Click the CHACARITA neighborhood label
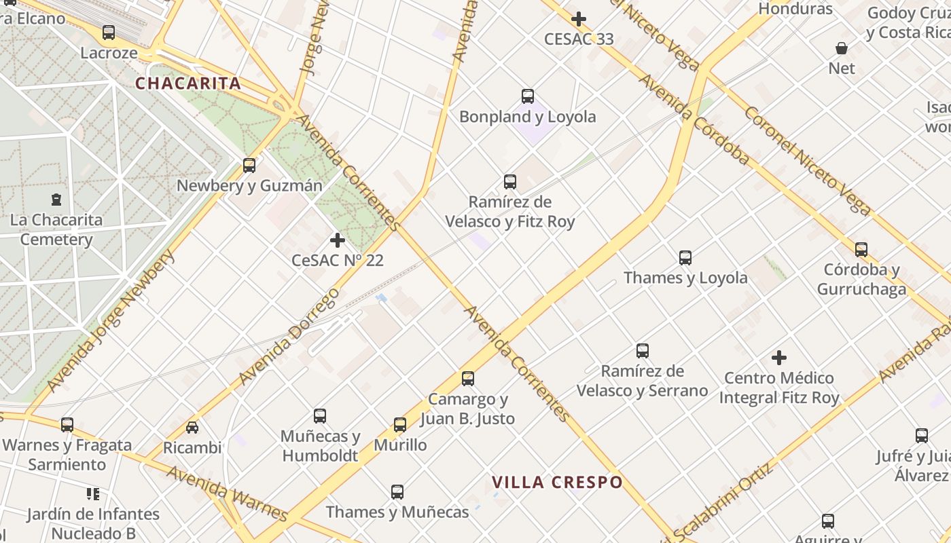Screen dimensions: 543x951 click(x=188, y=83)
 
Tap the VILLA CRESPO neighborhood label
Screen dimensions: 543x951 click(x=557, y=483)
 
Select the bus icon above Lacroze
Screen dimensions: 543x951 click(x=109, y=33)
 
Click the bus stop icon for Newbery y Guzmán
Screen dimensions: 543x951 click(x=249, y=165)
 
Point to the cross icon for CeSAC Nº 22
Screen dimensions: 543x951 click(x=338, y=240)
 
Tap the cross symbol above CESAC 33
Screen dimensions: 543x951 click(x=579, y=19)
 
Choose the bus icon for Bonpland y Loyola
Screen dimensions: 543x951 click(x=528, y=96)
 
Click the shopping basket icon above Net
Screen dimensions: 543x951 click(x=842, y=48)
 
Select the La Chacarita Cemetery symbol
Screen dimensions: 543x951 click(x=56, y=200)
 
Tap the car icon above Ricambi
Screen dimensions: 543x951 click(x=192, y=428)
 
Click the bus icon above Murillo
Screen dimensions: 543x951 click(x=400, y=425)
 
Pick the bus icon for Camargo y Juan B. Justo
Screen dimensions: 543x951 click(x=468, y=379)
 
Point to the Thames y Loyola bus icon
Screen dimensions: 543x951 click(x=685, y=258)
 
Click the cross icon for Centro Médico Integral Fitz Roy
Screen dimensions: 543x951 click(x=779, y=357)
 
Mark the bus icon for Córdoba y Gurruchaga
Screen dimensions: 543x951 click(x=861, y=250)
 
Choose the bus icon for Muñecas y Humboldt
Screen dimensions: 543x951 click(x=320, y=416)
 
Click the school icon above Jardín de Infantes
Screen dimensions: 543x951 click(x=93, y=493)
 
